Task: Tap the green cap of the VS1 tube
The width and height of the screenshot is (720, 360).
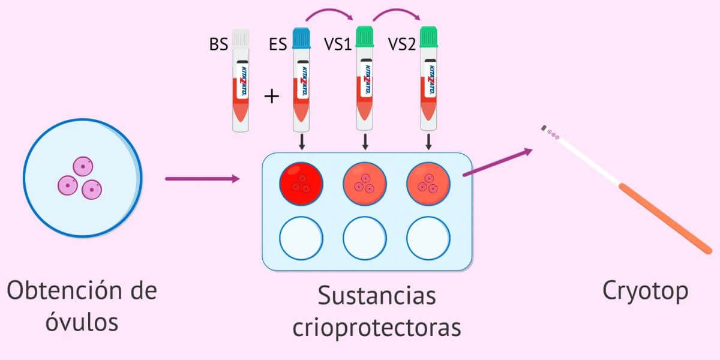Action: (x=365, y=37)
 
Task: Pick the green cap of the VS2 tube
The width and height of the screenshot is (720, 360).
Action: (x=428, y=37)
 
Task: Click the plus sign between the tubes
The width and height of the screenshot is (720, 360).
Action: (x=272, y=96)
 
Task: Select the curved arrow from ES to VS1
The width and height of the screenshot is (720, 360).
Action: (x=332, y=13)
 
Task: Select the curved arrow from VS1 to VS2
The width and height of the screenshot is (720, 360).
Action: (x=396, y=13)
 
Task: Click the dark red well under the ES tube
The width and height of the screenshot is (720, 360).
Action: (x=301, y=183)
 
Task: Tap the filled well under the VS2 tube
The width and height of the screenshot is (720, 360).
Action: (x=428, y=183)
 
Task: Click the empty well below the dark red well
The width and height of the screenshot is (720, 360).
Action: (x=301, y=239)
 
